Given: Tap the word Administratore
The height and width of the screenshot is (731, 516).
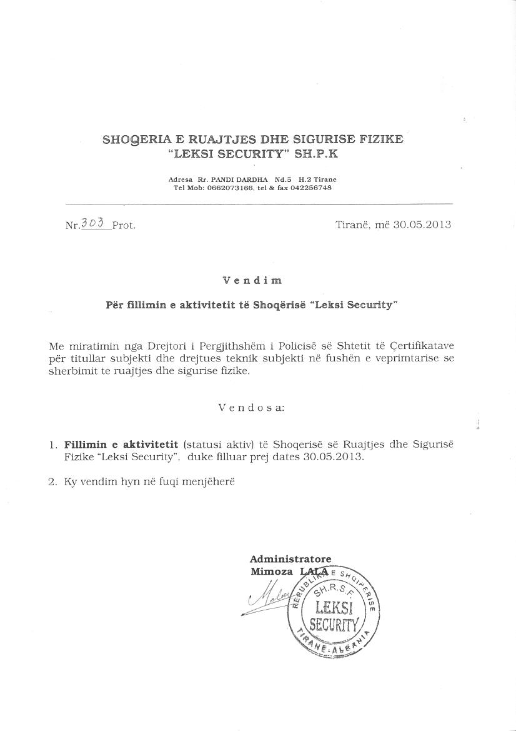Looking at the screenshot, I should pyautogui.click(x=290, y=559).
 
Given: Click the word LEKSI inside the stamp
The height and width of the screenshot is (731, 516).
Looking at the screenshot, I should pyautogui.click(x=334, y=607).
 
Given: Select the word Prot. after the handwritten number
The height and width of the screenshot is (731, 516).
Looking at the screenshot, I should pyautogui.click(x=124, y=226).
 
